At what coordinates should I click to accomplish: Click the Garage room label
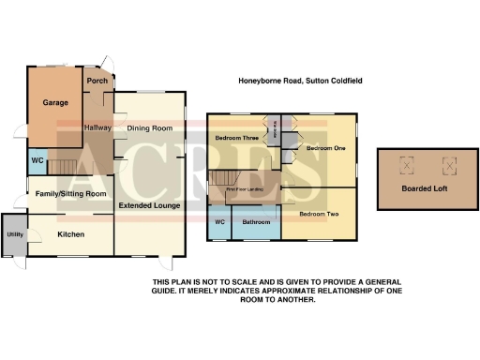pos(54,103)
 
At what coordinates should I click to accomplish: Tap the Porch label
pos(97,81)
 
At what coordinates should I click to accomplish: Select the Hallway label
pos(98,127)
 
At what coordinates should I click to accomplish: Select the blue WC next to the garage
pos(36,160)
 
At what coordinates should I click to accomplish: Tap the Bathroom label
pos(256,222)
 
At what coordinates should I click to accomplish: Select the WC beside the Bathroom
pos(220,222)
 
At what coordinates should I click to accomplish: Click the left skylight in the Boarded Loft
pos(407,166)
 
